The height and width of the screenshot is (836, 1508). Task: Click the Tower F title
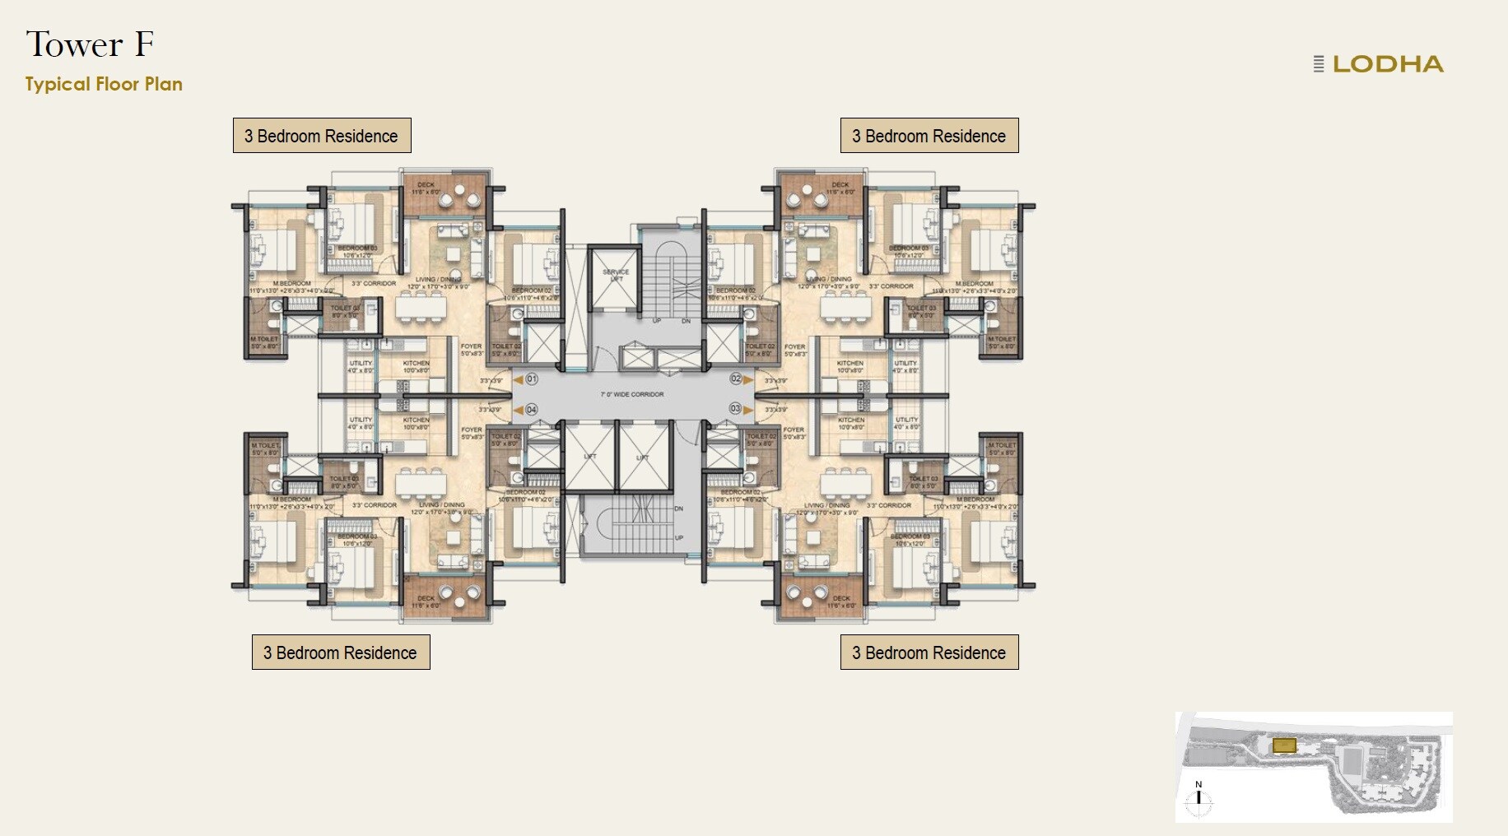[90, 44]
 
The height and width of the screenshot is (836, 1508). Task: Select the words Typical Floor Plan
[104, 84]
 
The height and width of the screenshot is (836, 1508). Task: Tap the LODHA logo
[1379, 64]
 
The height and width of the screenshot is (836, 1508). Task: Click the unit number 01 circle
[532, 379]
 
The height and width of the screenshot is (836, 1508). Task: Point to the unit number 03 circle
[735, 408]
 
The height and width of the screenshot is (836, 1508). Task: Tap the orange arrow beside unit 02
[749, 379]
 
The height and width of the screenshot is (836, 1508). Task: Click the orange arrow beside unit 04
[518, 409]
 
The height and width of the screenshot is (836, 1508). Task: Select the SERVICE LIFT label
[615, 275]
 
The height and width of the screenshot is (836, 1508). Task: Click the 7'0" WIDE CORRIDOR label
[631, 395]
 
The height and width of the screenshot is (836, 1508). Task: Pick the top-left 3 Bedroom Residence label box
[322, 136]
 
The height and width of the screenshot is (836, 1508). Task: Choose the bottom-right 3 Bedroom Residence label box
[929, 652]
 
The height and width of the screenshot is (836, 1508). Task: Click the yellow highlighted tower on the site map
[1284, 745]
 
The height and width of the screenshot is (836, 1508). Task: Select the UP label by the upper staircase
[657, 321]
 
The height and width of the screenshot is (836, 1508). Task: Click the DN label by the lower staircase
[678, 509]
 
